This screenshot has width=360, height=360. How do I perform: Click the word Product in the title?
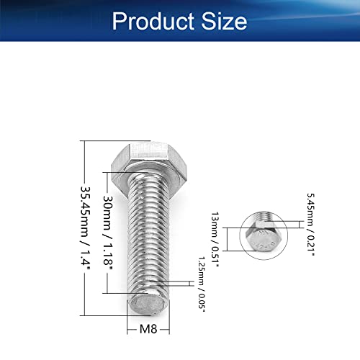pyautogui.click(x=153, y=21)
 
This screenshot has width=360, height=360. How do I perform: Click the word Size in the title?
pyautogui.click(x=224, y=21)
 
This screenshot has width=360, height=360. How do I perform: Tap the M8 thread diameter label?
pyautogui.click(x=148, y=329)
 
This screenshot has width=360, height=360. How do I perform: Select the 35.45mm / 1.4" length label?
pyautogui.click(x=85, y=228)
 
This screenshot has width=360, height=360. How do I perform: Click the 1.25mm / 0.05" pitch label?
pyautogui.click(x=202, y=284)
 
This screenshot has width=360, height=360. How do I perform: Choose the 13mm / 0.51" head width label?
pyautogui.click(x=215, y=240)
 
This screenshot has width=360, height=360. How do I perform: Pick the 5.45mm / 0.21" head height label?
pyautogui.click(x=310, y=225)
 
